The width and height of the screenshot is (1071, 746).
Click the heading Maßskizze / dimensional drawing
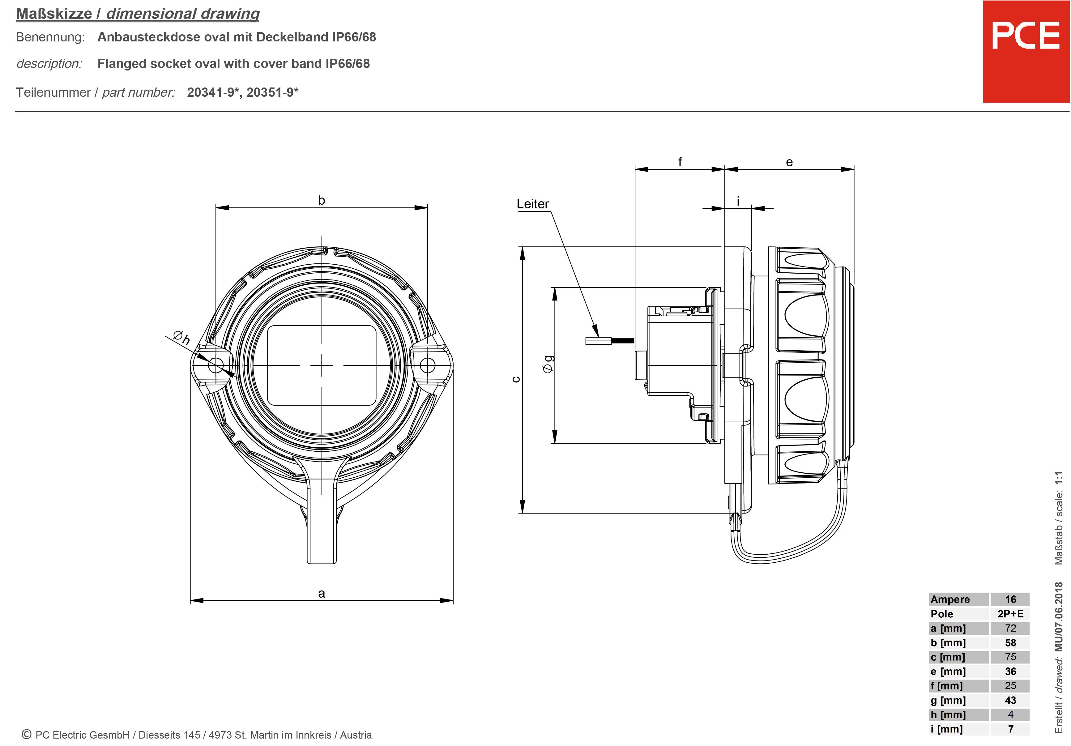138,14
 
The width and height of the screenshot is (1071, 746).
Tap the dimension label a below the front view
322,594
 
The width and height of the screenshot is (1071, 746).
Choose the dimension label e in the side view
789,162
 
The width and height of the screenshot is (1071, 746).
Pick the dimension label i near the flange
738,202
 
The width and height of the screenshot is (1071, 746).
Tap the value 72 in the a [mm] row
1010,629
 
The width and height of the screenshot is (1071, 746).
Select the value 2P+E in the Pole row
1010,614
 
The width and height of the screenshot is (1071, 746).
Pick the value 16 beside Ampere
1010,599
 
